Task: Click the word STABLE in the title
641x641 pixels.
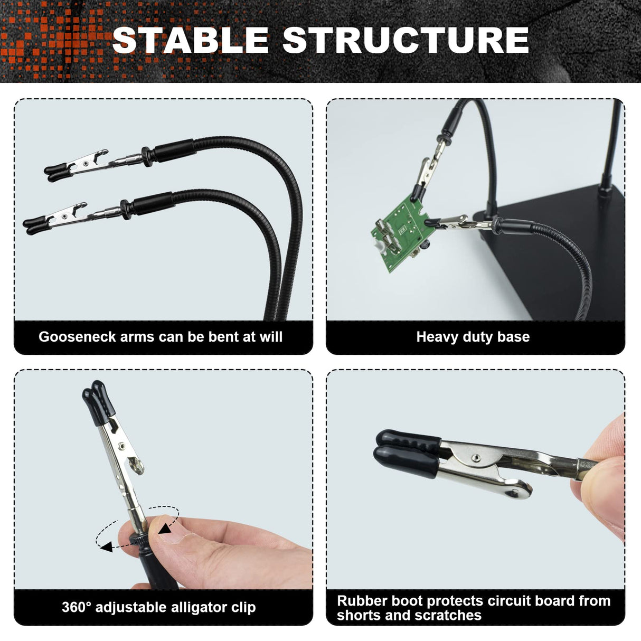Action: point(191,40)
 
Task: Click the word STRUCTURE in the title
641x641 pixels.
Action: point(406,40)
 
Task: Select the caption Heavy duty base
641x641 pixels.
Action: point(473,337)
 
